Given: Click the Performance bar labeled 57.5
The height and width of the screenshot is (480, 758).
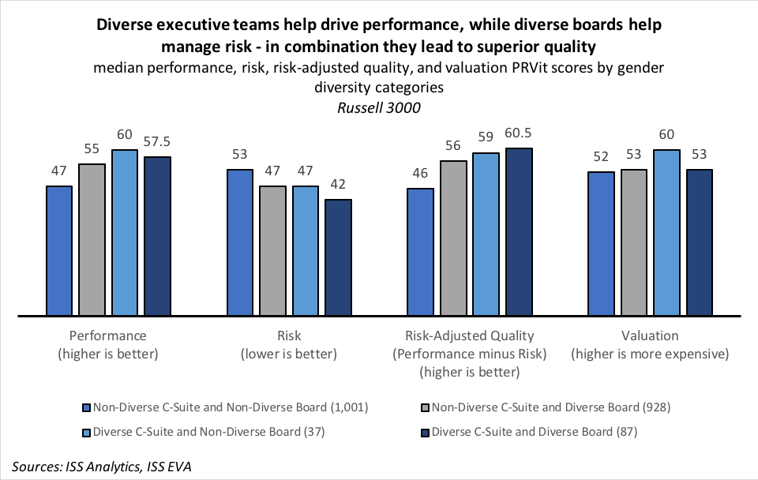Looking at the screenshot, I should coord(158,237).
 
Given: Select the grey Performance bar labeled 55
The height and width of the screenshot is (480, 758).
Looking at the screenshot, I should coord(92,240).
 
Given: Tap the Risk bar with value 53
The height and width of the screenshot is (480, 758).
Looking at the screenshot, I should coord(240,243).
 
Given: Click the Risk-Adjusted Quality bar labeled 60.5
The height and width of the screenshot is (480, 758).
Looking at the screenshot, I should coord(519,233).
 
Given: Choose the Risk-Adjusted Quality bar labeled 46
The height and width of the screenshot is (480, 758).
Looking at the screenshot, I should coord(420,253).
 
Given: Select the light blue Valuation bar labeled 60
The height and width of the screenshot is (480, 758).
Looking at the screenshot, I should coord(666,234).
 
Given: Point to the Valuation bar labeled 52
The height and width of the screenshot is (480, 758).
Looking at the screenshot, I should coord(601,244).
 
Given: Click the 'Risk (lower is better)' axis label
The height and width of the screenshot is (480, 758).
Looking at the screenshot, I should coord(289,345).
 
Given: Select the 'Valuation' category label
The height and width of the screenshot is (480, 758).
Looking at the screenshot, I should coord(650,336).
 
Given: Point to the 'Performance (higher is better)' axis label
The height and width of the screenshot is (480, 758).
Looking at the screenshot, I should coord(108,345).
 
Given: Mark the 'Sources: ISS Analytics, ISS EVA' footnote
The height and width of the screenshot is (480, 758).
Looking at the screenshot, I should coord(102,467).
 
